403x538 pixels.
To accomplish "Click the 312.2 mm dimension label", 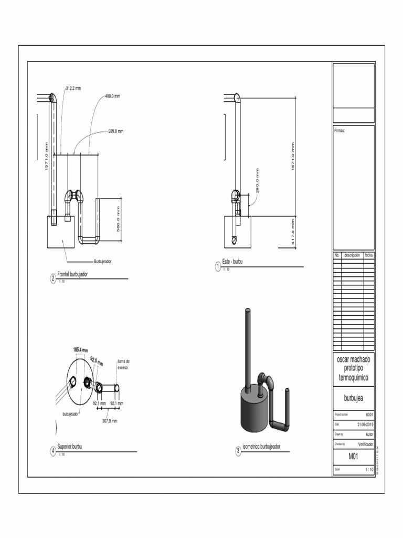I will click(73, 88).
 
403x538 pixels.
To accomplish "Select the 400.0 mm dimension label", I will click(112, 96).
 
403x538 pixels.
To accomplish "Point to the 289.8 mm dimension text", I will click(115, 131).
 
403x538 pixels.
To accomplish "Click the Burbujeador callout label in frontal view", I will click(103, 261).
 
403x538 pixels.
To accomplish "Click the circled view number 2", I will click(53, 279).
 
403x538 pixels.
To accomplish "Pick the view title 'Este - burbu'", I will click(233, 262).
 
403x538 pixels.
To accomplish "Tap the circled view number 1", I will click(217, 266).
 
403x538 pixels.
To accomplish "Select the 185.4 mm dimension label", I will click(80, 349).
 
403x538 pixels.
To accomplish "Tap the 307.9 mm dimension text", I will click(109, 421).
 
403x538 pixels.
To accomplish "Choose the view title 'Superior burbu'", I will click(69, 447).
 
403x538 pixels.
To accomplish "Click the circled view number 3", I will click(238, 451).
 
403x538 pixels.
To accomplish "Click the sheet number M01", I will click(353, 457).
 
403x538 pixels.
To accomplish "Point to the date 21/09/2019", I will click(365, 425).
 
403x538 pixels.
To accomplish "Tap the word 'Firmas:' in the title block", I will click(340, 130).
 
